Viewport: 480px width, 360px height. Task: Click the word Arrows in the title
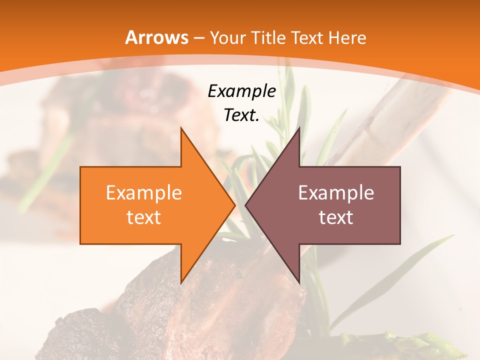click(157, 37)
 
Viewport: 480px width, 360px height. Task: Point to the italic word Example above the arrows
click(241, 91)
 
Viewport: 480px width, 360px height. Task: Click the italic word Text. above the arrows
click(241, 115)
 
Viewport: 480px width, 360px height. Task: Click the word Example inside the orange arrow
click(143, 193)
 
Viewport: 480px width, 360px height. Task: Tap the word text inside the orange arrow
click(143, 217)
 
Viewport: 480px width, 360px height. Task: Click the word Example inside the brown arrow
click(336, 193)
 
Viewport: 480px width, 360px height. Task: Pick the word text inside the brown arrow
click(336, 217)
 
